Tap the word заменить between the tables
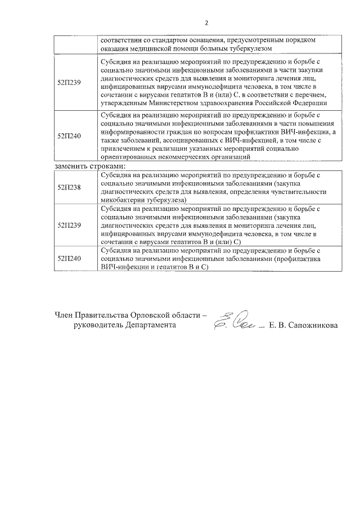pyautogui.click(x=70, y=166)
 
